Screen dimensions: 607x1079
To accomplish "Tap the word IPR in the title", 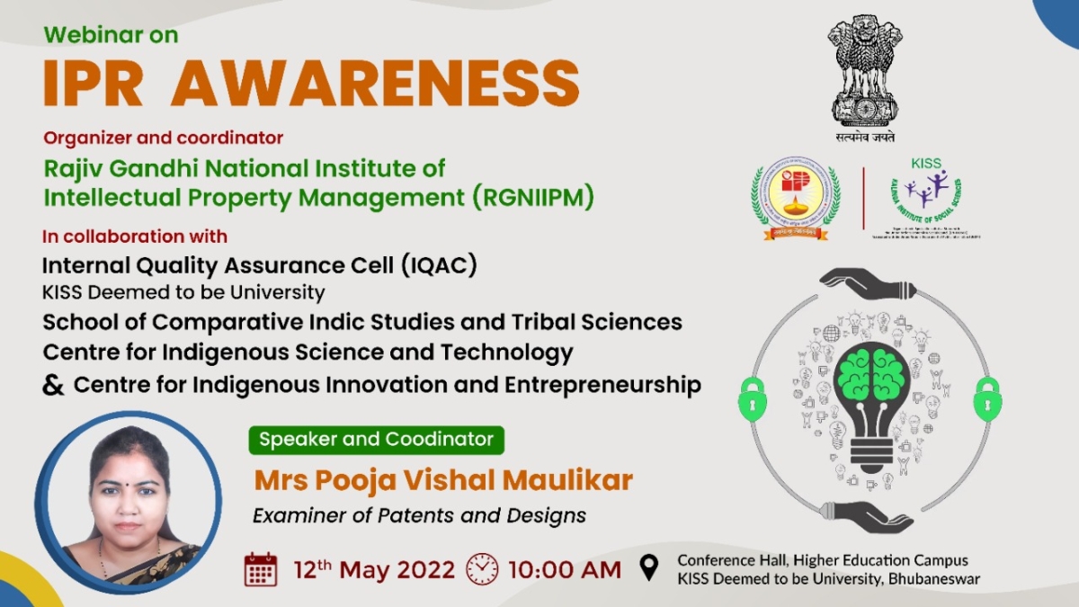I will (94, 84).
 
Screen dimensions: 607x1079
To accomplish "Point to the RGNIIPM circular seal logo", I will (796, 197).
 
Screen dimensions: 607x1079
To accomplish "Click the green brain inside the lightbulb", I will (870, 374).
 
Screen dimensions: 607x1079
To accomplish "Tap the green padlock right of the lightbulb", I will (987, 398).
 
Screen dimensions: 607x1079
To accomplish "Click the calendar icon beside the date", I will (261, 569).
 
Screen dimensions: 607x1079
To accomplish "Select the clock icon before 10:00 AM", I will (482, 569).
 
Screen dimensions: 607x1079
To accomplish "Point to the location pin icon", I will (648, 568).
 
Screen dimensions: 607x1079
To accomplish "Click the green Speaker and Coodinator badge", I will (377, 440).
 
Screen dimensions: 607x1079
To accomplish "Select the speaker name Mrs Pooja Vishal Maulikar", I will (443, 480).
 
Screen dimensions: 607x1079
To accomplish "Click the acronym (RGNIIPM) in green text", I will (532, 196).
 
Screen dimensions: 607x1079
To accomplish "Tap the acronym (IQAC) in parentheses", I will (440, 265).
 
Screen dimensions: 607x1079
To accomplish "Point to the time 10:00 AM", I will (564, 569).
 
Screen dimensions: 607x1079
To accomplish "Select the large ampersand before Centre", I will (54, 385).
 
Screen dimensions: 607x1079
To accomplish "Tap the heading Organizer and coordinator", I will (164, 138).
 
